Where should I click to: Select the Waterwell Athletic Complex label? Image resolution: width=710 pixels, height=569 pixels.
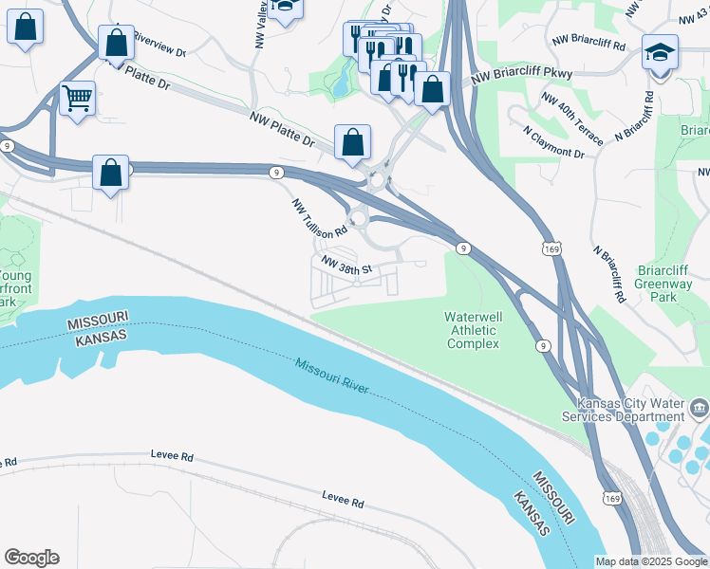pos(473,330)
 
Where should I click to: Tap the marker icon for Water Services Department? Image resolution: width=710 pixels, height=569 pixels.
pos(700,409)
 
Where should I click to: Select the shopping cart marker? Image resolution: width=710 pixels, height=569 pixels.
pos(77,97)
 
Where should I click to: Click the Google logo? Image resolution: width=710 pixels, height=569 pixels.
pos(31,558)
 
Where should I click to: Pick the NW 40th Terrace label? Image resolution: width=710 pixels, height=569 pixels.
pos(570,117)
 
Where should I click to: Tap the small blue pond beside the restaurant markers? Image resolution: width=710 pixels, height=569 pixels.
pos(339,86)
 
